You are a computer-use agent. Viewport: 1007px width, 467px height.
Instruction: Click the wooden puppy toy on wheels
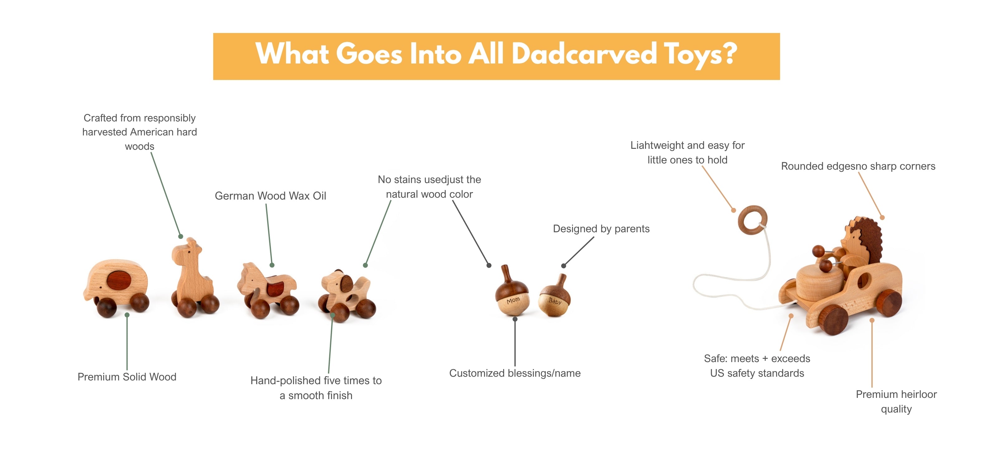346,295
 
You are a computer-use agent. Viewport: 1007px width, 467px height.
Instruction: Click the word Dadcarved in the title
584,54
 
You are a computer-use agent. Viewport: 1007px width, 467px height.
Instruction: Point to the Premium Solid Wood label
127,377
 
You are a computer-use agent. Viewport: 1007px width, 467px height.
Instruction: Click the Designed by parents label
601,229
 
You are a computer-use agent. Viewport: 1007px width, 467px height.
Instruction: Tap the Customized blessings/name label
515,373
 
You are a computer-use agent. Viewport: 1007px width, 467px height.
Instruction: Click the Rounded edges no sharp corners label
858,166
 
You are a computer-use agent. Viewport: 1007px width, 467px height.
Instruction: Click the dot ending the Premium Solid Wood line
127,315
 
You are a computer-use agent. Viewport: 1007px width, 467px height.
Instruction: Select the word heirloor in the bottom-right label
918,394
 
